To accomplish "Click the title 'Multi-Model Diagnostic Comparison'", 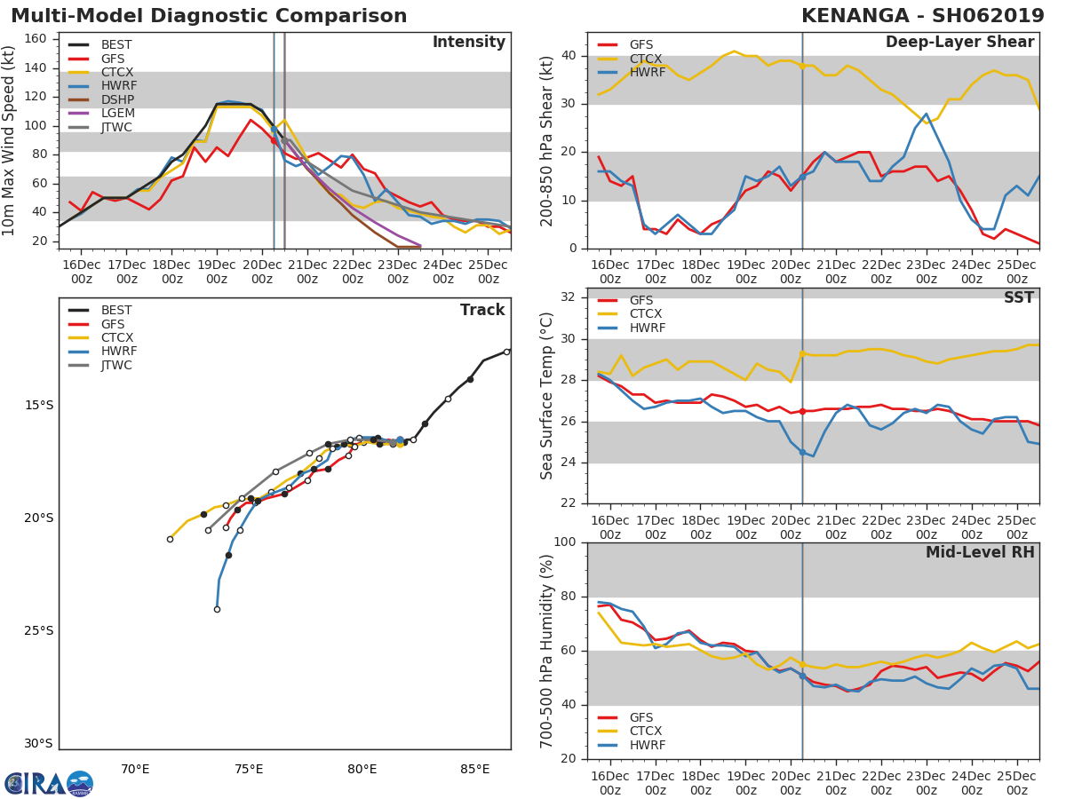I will tap(209, 16).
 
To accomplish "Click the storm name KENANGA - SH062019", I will tap(922, 16).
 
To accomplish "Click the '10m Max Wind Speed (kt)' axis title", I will tap(11, 140).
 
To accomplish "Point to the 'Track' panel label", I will tap(482, 310).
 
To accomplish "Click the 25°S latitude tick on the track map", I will tap(39, 631).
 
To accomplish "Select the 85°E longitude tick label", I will tap(474, 769).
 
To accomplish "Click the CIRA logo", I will tap(49, 784).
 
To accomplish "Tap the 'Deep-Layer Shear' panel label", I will tap(959, 43).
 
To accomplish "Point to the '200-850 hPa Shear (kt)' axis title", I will tap(548, 140).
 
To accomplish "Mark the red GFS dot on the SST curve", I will tap(802, 411).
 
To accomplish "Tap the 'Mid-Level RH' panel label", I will tap(980, 553).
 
